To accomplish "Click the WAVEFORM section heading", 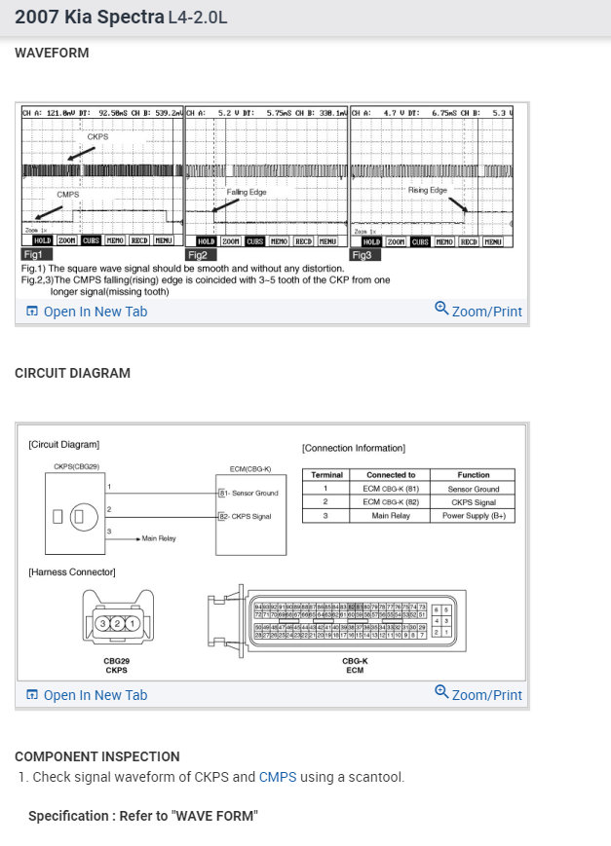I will coord(52,53).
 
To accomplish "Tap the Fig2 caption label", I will coord(198,255).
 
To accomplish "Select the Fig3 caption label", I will coord(363,255).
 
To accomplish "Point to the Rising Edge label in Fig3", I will coord(427,190).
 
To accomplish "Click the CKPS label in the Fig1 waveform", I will coord(97,136).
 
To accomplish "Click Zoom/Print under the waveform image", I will coord(478,312).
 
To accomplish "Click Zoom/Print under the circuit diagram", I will coord(478,695).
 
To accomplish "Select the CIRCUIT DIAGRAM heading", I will coord(72,373).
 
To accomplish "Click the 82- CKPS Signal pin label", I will coord(246,516).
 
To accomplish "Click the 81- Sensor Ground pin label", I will coord(248,493).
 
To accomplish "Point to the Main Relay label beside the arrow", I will coord(158,537).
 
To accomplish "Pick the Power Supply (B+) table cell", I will coord(474,516).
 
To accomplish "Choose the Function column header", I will coord(474,475).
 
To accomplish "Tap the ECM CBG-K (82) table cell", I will coord(390,502).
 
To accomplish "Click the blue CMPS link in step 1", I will coord(277,777).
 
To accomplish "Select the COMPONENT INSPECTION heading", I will coord(97,756).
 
